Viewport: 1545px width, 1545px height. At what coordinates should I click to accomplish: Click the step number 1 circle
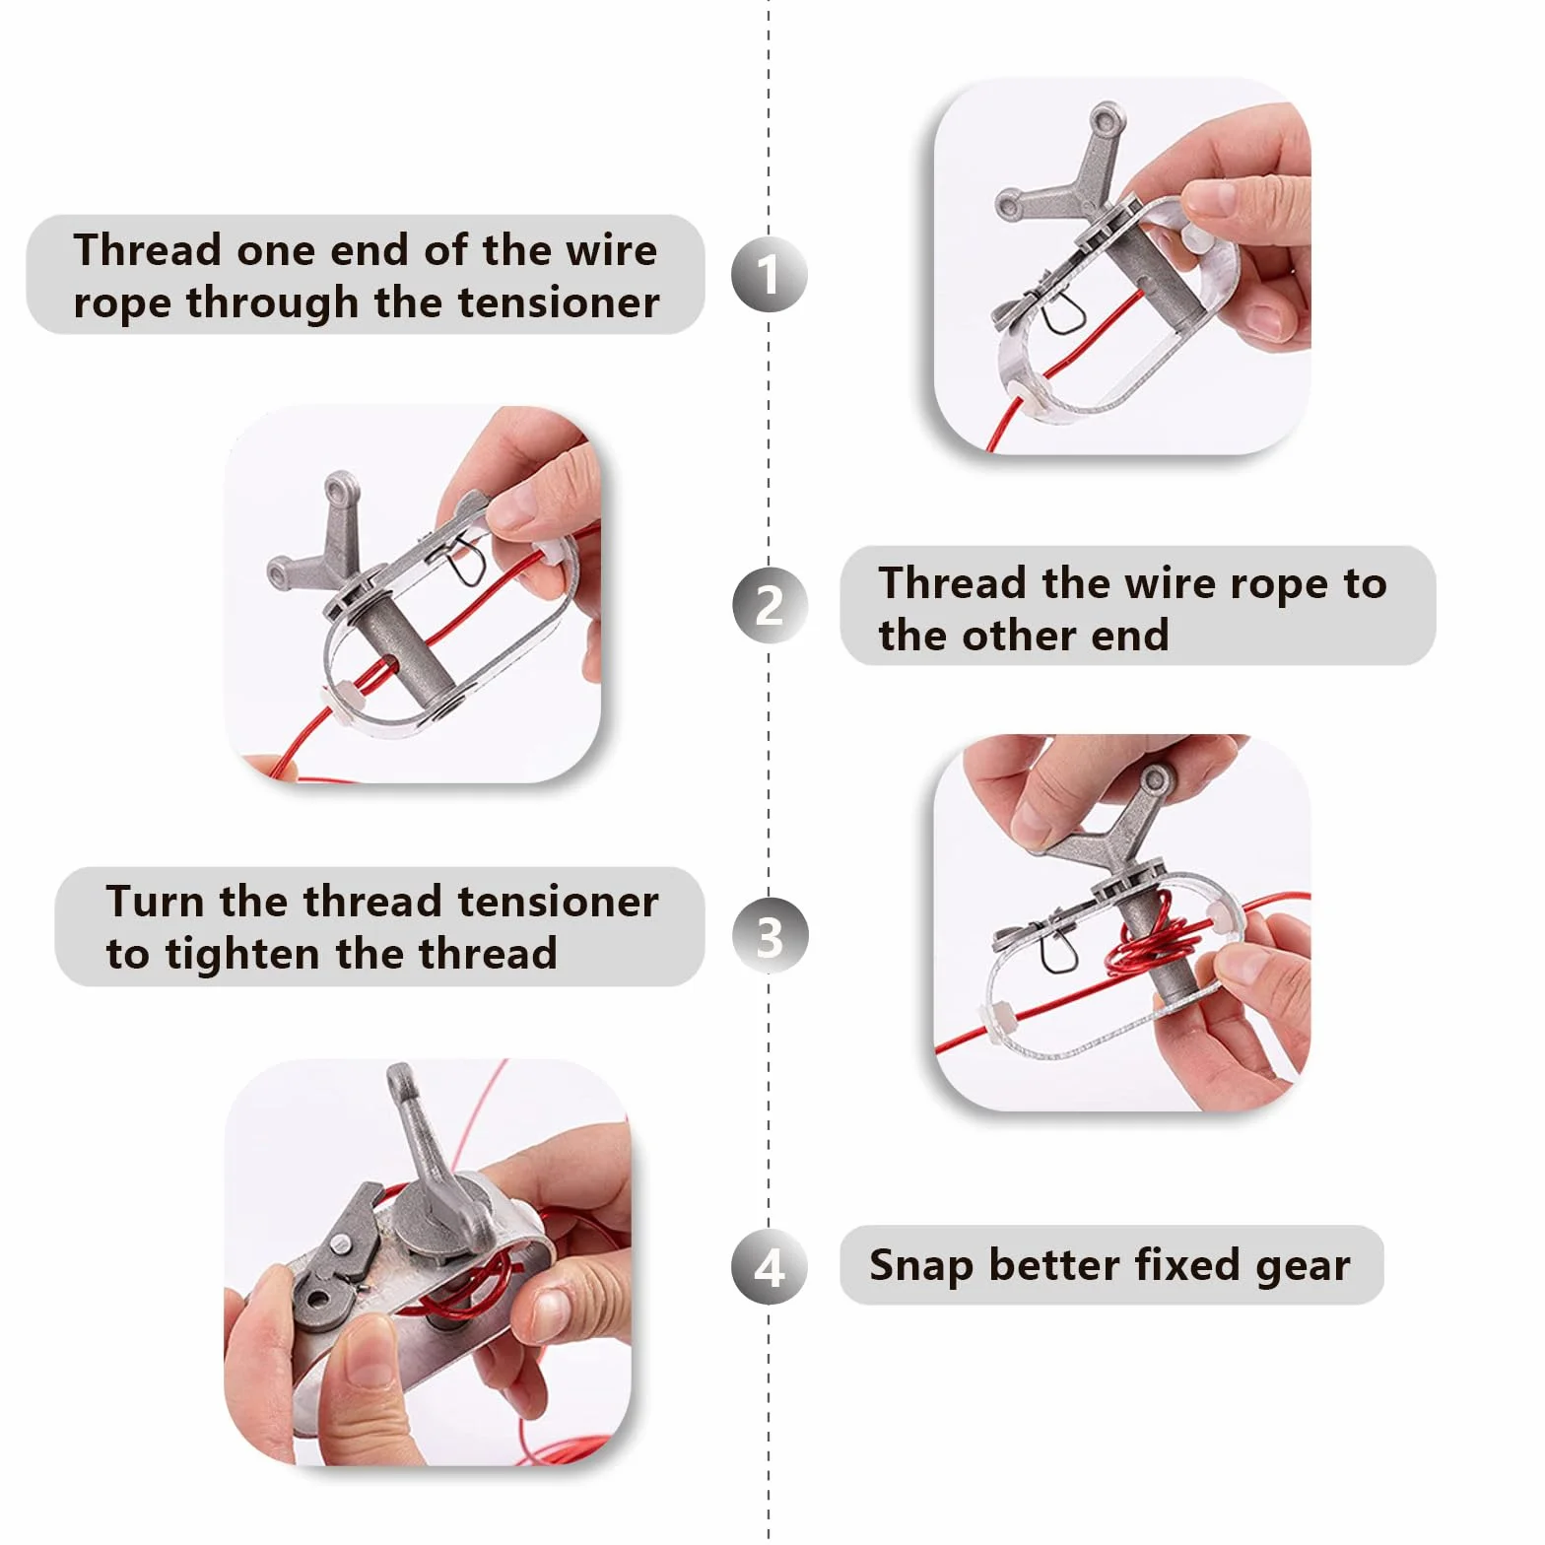pyautogui.click(x=770, y=274)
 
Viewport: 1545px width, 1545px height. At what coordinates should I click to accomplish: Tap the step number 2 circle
pyautogui.click(x=770, y=605)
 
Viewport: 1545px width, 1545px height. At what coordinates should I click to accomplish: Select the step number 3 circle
pyautogui.click(x=770, y=936)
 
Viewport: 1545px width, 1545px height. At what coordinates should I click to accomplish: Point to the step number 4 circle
pyautogui.click(x=770, y=1267)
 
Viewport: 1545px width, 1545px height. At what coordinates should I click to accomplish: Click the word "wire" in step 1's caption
pyautogui.click(x=611, y=250)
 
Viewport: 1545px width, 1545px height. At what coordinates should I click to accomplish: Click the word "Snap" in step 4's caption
pyautogui.click(x=921, y=1266)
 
